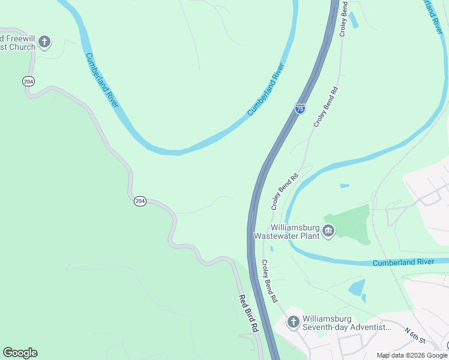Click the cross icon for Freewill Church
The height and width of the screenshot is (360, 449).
tap(44, 42)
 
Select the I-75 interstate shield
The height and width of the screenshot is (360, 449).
tap(300, 109)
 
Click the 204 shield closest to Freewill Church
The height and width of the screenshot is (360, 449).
tap(28, 81)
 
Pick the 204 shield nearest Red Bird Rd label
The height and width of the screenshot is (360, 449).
tap(139, 202)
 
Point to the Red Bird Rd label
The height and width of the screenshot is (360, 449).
tap(248, 314)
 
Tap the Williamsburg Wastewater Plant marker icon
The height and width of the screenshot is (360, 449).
tap(328, 231)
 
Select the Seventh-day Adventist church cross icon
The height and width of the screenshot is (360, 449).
tap(293, 322)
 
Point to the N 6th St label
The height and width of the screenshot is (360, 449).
tap(414, 336)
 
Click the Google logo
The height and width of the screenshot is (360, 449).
tap(20, 353)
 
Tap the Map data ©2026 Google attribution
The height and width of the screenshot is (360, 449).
tap(412, 355)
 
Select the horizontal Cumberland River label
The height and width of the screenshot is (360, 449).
tap(403, 263)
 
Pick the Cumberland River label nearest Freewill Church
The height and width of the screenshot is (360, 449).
tap(101, 81)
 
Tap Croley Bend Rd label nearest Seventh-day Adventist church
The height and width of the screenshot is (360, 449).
tap(270, 280)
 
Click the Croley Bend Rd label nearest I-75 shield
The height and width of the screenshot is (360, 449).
tap(326, 106)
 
